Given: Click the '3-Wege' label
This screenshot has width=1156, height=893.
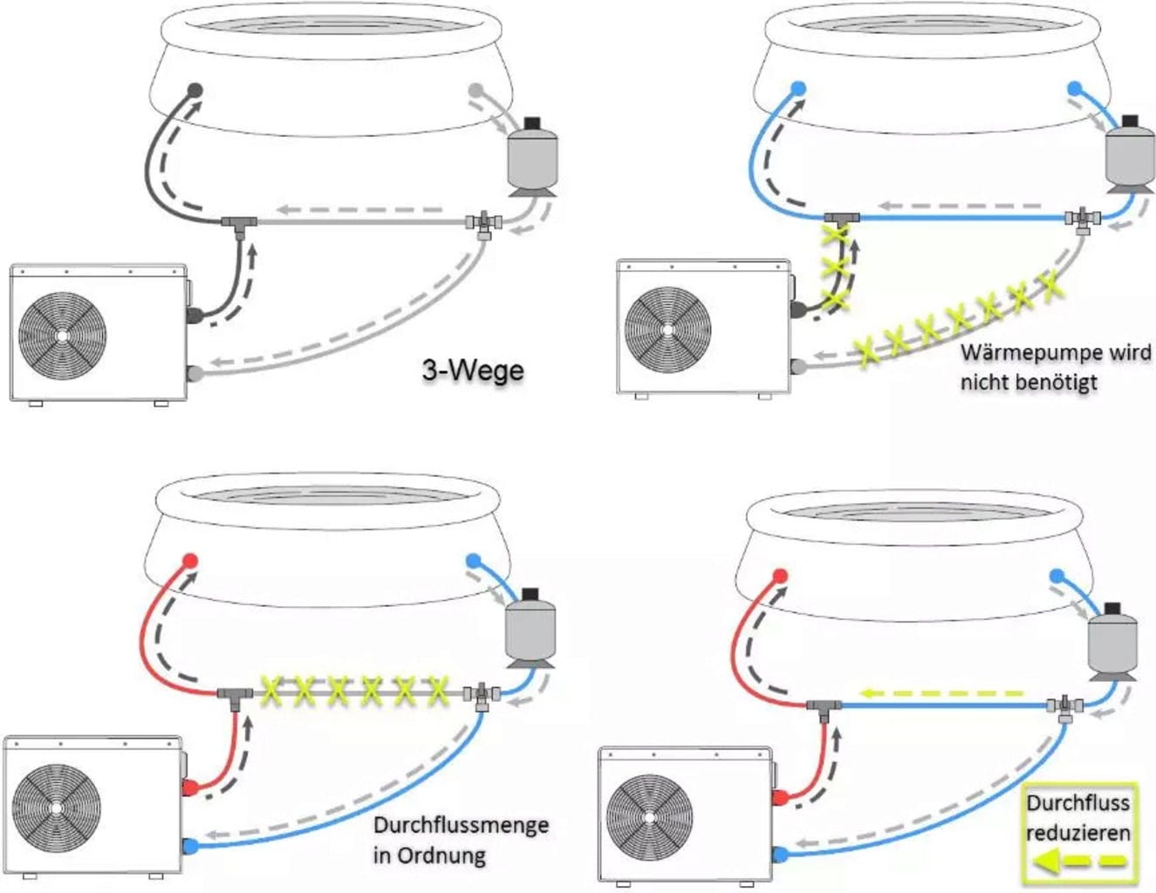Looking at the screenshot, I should [473, 370].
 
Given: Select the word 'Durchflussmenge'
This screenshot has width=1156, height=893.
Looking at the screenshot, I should [461, 825].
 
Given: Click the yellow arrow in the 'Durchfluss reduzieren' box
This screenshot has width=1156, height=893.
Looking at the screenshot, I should [1078, 862].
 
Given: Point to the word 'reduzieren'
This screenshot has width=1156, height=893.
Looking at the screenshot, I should [1078, 833].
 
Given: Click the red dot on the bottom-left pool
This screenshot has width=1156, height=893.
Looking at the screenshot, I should [191, 561].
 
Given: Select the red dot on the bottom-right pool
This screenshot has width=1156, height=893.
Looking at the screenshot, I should [781, 576].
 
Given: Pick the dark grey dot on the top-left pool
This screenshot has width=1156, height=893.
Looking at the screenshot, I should [195, 90].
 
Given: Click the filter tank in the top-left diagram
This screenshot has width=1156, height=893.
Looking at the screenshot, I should [532, 157].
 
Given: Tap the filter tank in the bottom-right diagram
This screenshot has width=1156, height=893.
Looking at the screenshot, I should [1112, 644].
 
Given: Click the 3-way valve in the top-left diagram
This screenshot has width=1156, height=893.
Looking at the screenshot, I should [482, 223].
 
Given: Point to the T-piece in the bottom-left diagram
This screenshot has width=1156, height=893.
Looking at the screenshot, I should [235, 695].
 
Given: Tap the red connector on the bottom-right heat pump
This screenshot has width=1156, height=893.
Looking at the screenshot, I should [781, 797].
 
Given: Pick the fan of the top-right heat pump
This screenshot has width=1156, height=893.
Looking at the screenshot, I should [668, 330].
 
